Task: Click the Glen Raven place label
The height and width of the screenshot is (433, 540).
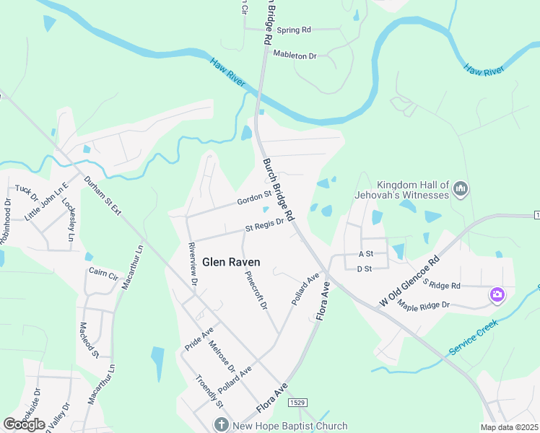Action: click(x=231, y=263)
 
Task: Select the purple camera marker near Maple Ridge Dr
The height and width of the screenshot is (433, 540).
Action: click(x=497, y=294)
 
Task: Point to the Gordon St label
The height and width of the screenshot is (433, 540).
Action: click(x=253, y=198)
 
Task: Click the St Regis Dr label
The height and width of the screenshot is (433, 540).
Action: click(x=264, y=227)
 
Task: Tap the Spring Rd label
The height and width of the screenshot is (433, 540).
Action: click(x=294, y=30)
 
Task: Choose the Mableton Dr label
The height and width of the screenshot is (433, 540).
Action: click(x=294, y=55)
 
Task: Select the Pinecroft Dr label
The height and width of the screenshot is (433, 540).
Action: click(x=256, y=291)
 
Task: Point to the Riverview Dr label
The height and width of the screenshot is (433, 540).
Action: click(x=191, y=264)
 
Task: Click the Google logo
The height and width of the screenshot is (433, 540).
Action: click(x=24, y=424)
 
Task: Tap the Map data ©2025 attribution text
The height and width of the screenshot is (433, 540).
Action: click(x=510, y=427)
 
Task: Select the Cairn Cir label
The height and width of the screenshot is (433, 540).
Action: click(x=103, y=274)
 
